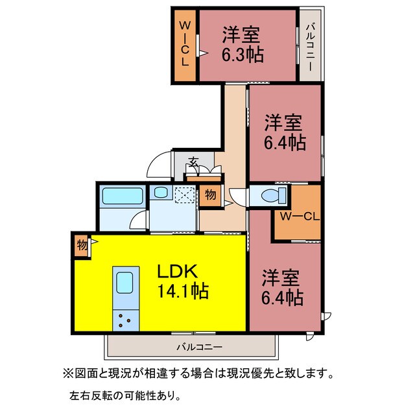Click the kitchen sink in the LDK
[123, 283]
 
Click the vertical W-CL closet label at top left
[184, 43]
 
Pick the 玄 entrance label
[193, 161]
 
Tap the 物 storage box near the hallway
[211, 195]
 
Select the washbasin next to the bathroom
[160, 193]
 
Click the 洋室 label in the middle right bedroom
[284, 122]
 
